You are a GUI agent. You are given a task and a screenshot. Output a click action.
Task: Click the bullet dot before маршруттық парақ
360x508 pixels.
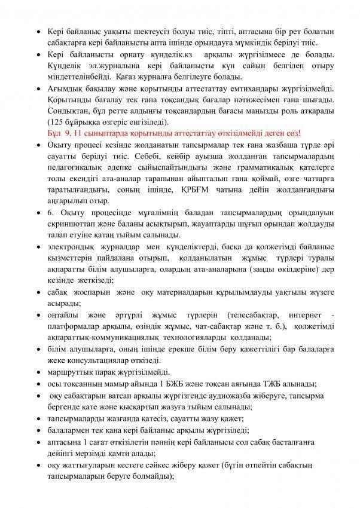(39, 372)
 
